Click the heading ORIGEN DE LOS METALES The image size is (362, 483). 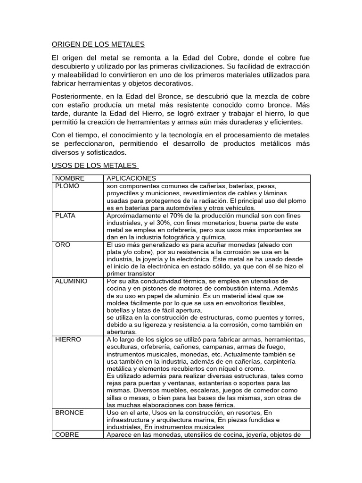[x=98, y=44]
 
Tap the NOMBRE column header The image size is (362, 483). [x=70, y=178]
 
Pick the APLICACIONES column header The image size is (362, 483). [x=131, y=178]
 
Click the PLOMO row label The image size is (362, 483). [x=67, y=186]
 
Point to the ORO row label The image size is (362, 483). [x=62, y=245]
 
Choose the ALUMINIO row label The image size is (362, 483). [x=71, y=281]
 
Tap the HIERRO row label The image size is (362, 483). [x=68, y=339]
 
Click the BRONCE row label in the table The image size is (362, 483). [x=69, y=412]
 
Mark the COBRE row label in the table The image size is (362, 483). [x=67, y=434]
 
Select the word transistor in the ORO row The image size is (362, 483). [x=141, y=273]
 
